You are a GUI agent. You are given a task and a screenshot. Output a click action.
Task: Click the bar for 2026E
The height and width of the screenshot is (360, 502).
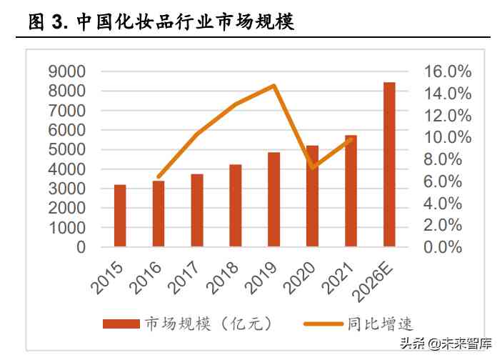[389, 165]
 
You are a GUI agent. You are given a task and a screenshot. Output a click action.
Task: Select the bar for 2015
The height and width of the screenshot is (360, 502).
[120, 216]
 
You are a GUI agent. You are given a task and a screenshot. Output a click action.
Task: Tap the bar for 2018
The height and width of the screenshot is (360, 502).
[236, 206]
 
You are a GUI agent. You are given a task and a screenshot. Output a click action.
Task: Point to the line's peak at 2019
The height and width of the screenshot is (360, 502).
[274, 86]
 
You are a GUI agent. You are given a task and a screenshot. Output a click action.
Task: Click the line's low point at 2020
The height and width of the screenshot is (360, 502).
[313, 168]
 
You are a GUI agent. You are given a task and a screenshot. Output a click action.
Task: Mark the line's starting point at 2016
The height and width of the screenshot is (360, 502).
[159, 176]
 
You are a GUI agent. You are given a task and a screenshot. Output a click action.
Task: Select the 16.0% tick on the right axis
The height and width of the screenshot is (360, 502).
[448, 71]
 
